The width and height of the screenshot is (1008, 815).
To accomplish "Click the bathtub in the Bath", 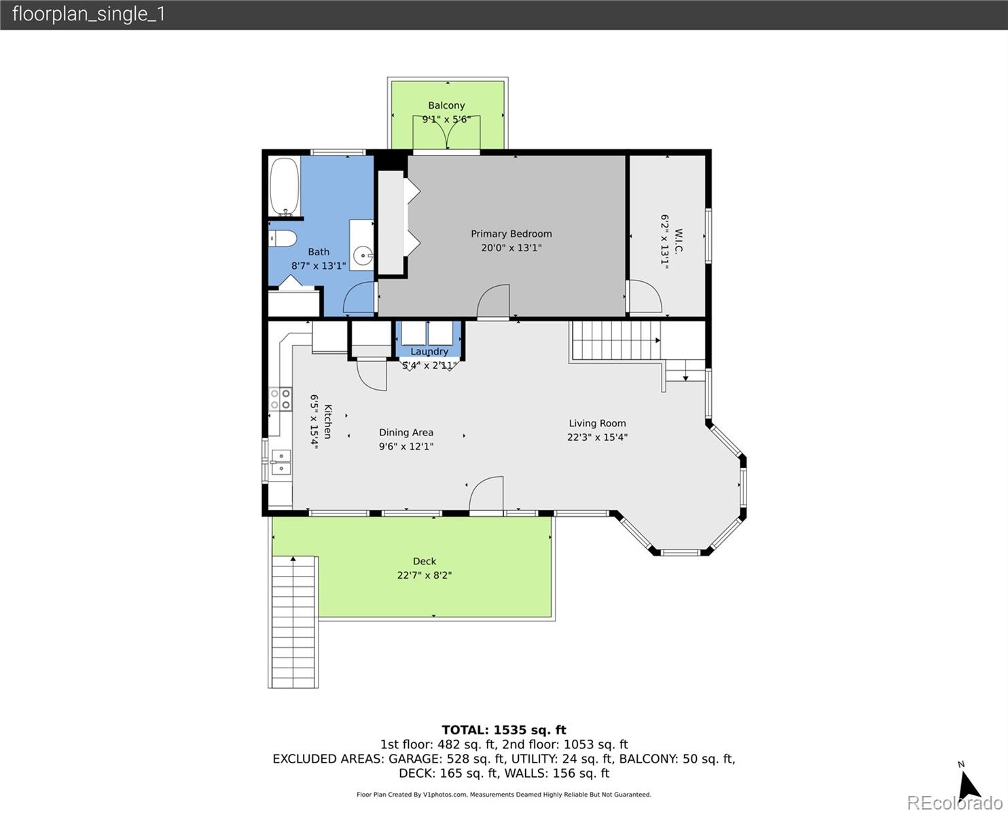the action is (285, 186).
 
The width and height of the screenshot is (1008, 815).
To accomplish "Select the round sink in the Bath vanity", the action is (364, 256).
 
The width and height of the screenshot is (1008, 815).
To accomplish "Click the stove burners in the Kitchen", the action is (280, 399).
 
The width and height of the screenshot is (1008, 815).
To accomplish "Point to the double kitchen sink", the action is (281, 462).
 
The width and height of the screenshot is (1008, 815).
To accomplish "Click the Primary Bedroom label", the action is (511, 234).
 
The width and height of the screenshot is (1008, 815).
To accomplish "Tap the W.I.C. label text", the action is (679, 241).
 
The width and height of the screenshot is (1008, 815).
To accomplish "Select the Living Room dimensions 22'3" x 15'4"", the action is (597, 437).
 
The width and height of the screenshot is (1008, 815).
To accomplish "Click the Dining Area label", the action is (406, 433).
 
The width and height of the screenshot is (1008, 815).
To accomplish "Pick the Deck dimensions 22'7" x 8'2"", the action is (425, 575).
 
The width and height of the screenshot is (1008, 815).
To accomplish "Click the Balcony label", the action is (446, 105).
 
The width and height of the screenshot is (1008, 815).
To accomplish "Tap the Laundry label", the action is (429, 351).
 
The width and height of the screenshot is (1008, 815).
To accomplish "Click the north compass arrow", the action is (970, 786).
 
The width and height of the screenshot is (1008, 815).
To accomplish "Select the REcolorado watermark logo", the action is (954, 803).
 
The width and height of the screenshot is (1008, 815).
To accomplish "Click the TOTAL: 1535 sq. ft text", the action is (504, 730).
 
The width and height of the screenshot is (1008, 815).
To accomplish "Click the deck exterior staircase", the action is (293, 622).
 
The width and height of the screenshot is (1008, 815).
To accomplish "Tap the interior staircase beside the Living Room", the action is (616, 340).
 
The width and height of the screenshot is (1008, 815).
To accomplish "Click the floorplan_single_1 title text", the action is (89, 14).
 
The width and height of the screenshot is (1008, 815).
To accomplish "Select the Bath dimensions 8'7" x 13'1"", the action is (319, 266).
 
